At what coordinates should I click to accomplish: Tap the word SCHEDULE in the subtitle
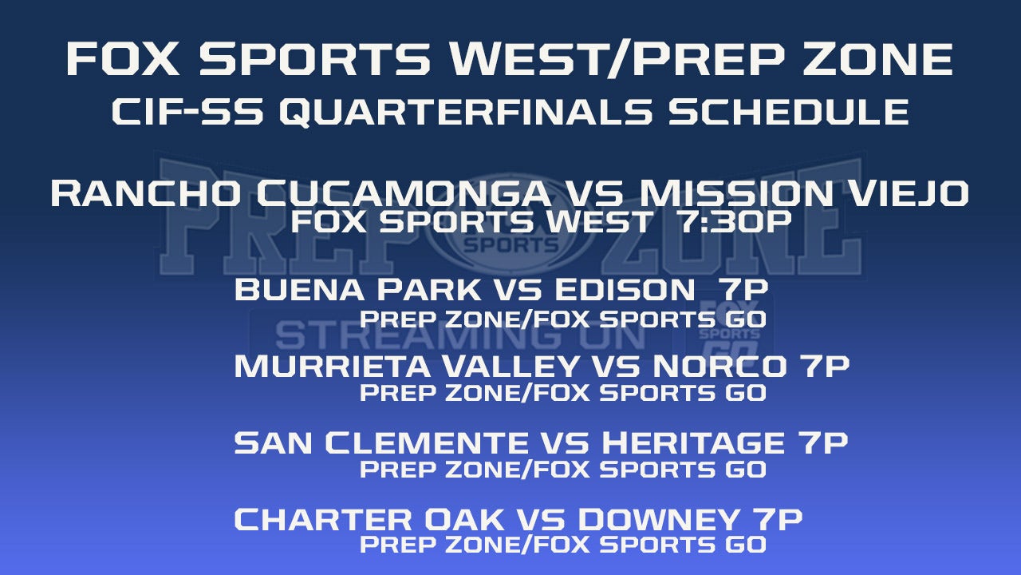pyautogui.click(x=788, y=112)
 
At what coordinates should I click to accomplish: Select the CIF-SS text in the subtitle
pyautogui.click(x=187, y=112)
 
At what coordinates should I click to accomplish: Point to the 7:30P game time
pyautogui.click(x=735, y=222)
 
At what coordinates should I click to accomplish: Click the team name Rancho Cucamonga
pyautogui.click(x=300, y=193)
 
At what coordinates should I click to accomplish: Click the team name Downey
pyautogui.click(x=659, y=519)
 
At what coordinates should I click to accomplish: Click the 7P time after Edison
pyautogui.click(x=743, y=289)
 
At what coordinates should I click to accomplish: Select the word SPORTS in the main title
pyautogui.click(x=315, y=59)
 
